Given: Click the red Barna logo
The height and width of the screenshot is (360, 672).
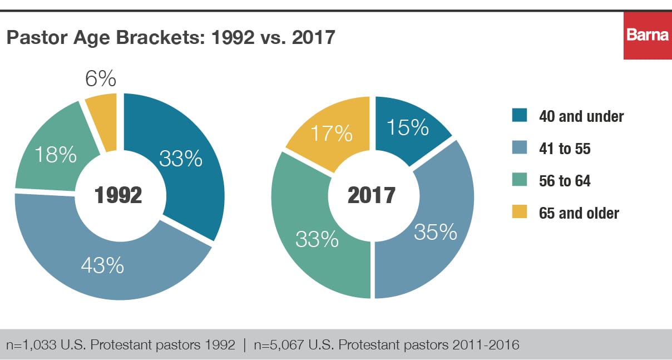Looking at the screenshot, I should [647, 35].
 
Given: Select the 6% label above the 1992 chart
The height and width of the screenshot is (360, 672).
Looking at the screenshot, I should [100, 79].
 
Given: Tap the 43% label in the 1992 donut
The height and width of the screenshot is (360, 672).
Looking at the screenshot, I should [102, 265].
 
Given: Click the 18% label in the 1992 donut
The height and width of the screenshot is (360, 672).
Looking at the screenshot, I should [55, 155].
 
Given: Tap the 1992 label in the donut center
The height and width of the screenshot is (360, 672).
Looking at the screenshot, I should [118, 195].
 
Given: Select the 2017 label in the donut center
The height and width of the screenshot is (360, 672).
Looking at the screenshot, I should [372, 195].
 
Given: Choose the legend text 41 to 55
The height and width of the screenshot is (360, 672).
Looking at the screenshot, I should [564, 149].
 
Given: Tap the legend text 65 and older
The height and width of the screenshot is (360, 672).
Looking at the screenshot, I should [579, 213].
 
